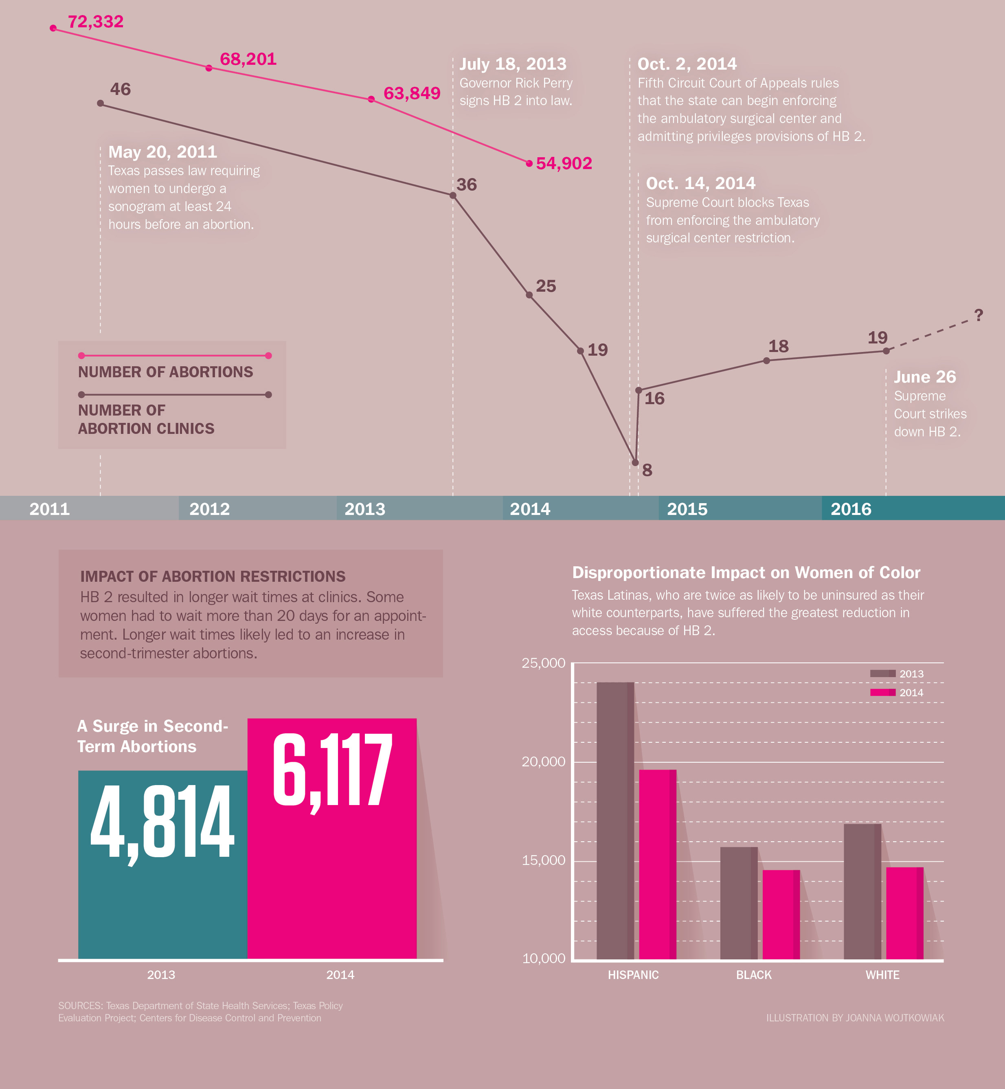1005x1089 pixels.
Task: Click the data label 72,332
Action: [95, 22]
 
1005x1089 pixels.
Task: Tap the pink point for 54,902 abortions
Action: [529, 163]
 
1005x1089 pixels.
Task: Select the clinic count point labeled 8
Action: [635, 463]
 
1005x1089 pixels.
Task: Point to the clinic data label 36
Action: [467, 185]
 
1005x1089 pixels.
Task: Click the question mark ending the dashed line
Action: [979, 315]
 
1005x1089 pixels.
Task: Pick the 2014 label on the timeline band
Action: [530, 509]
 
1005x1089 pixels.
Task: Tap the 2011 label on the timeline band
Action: [50, 509]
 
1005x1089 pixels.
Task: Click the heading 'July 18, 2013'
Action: [513, 64]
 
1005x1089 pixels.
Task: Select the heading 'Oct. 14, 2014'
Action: [700, 183]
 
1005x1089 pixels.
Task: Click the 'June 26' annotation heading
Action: [924, 377]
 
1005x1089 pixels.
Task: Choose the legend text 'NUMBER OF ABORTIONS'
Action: [165, 372]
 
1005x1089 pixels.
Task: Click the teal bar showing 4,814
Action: [162, 865]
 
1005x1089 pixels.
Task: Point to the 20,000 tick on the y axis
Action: [543, 761]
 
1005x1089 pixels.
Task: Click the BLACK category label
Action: [754, 975]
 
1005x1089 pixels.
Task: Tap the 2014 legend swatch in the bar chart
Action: [882, 693]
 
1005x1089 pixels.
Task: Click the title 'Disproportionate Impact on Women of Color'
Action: [746, 573]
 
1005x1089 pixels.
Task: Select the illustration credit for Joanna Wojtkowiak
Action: [855, 1018]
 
